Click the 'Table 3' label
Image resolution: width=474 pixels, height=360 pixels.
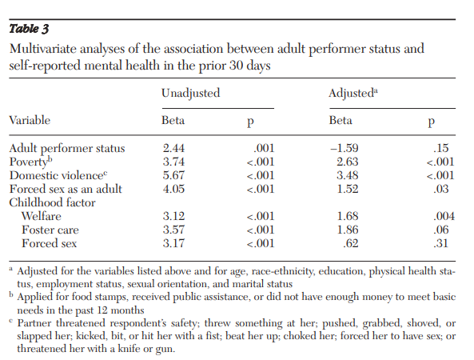29,29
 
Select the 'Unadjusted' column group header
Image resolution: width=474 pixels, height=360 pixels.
191,94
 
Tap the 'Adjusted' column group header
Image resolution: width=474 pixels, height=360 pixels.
353,93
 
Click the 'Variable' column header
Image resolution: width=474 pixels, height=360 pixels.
30,121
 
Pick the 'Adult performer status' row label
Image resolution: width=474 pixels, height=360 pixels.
67,149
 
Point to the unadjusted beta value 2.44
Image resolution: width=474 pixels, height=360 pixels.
173,148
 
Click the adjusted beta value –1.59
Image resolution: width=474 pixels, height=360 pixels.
345,148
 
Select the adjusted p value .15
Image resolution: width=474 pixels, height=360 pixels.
440,148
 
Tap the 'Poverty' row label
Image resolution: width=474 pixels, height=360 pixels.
30,162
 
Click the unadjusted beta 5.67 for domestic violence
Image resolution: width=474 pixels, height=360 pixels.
173,175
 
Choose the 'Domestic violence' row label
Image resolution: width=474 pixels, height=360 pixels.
58,175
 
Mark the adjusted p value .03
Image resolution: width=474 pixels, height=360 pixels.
440,189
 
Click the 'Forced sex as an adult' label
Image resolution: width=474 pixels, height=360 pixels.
66,189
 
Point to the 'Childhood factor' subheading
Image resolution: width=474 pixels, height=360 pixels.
52,202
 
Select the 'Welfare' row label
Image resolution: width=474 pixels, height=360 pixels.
42,216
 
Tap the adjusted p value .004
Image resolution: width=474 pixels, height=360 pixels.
444,216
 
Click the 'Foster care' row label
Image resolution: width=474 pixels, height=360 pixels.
50,230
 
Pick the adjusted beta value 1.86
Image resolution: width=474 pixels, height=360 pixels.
348,230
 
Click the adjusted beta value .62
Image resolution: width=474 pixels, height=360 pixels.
351,243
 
